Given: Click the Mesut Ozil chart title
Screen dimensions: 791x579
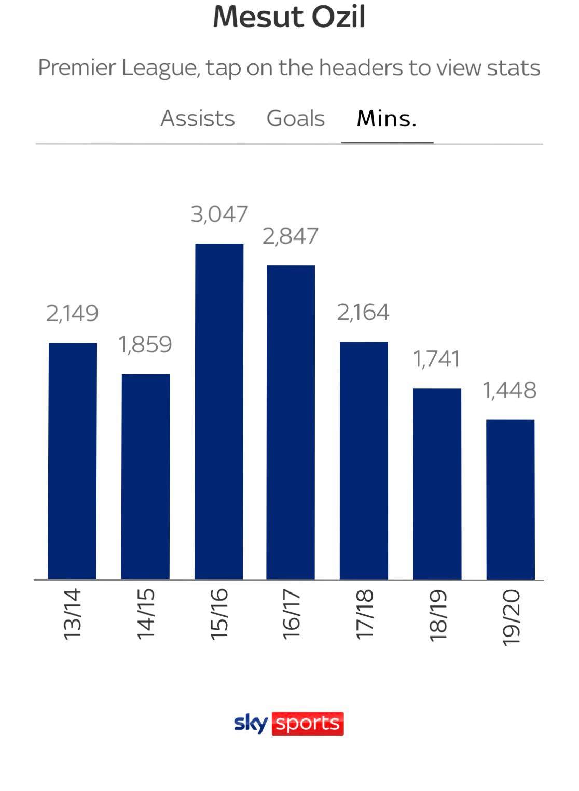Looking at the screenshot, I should [x=289, y=17].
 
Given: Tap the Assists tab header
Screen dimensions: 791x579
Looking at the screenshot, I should [x=198, y=119].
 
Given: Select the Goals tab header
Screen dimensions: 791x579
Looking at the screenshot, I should [x=295, y=119].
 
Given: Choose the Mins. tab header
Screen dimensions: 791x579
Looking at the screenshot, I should [x=387, y=119].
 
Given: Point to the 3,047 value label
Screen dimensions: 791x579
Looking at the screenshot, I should [x=219, y=215].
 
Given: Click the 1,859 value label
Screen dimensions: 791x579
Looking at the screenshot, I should [x=146, y=345].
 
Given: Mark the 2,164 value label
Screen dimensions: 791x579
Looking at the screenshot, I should [x=363, y=313].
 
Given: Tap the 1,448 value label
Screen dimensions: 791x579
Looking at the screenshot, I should [x=509, y=390].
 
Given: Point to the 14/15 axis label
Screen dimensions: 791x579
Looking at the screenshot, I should [x=146, y=614].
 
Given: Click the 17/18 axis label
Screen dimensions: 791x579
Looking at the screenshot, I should [x=365, y=614].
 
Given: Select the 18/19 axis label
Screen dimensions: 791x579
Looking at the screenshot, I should [x=438, y=615].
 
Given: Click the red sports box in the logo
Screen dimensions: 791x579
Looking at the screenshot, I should [x=308, y=724].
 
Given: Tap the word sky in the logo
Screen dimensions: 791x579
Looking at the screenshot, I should [x=251, y=723].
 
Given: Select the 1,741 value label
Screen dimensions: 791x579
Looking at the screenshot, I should [x=436, y=359].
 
